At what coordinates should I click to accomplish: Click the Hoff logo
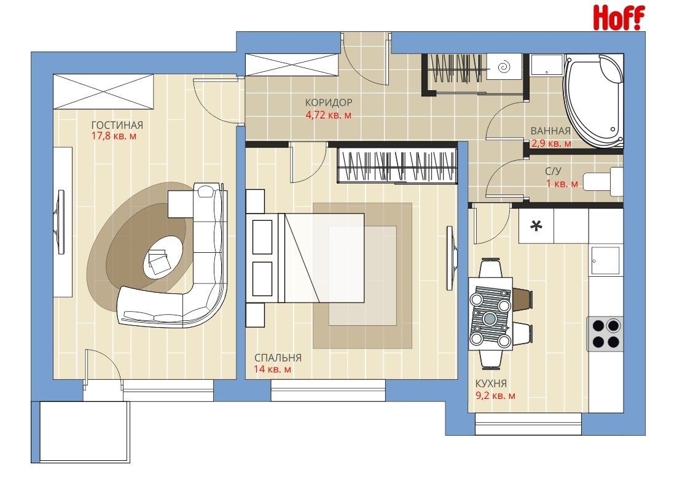click(x=619, y=17)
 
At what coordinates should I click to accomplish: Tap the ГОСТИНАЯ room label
click(x=117, y=125)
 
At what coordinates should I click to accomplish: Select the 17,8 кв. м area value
click(x=114, y=136)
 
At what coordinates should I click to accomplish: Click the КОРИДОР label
click(x=329, y=102)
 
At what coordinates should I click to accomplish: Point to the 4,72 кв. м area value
click(x=328, y=115)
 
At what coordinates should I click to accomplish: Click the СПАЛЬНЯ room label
click(x=278, y=358)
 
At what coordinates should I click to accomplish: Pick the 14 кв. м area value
click(x=272, y=369)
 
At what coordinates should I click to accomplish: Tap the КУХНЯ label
click(x=491, y=384)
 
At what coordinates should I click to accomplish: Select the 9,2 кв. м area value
click(x=495, y=396)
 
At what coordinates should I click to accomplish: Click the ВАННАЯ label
click(x=550, y=131)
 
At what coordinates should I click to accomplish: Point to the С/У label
click(x=553, y=171)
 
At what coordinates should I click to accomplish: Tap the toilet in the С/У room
click(x=603, y=181)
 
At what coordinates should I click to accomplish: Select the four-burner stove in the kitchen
click(x=605, y=333)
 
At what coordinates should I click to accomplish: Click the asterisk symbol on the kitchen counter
click(x=536, y=225)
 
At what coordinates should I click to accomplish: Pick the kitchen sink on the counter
click(x=605, y=261)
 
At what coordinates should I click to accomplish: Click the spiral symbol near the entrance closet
click(x=504, y=67)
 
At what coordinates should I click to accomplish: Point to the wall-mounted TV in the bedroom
click(x=451, y=258)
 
